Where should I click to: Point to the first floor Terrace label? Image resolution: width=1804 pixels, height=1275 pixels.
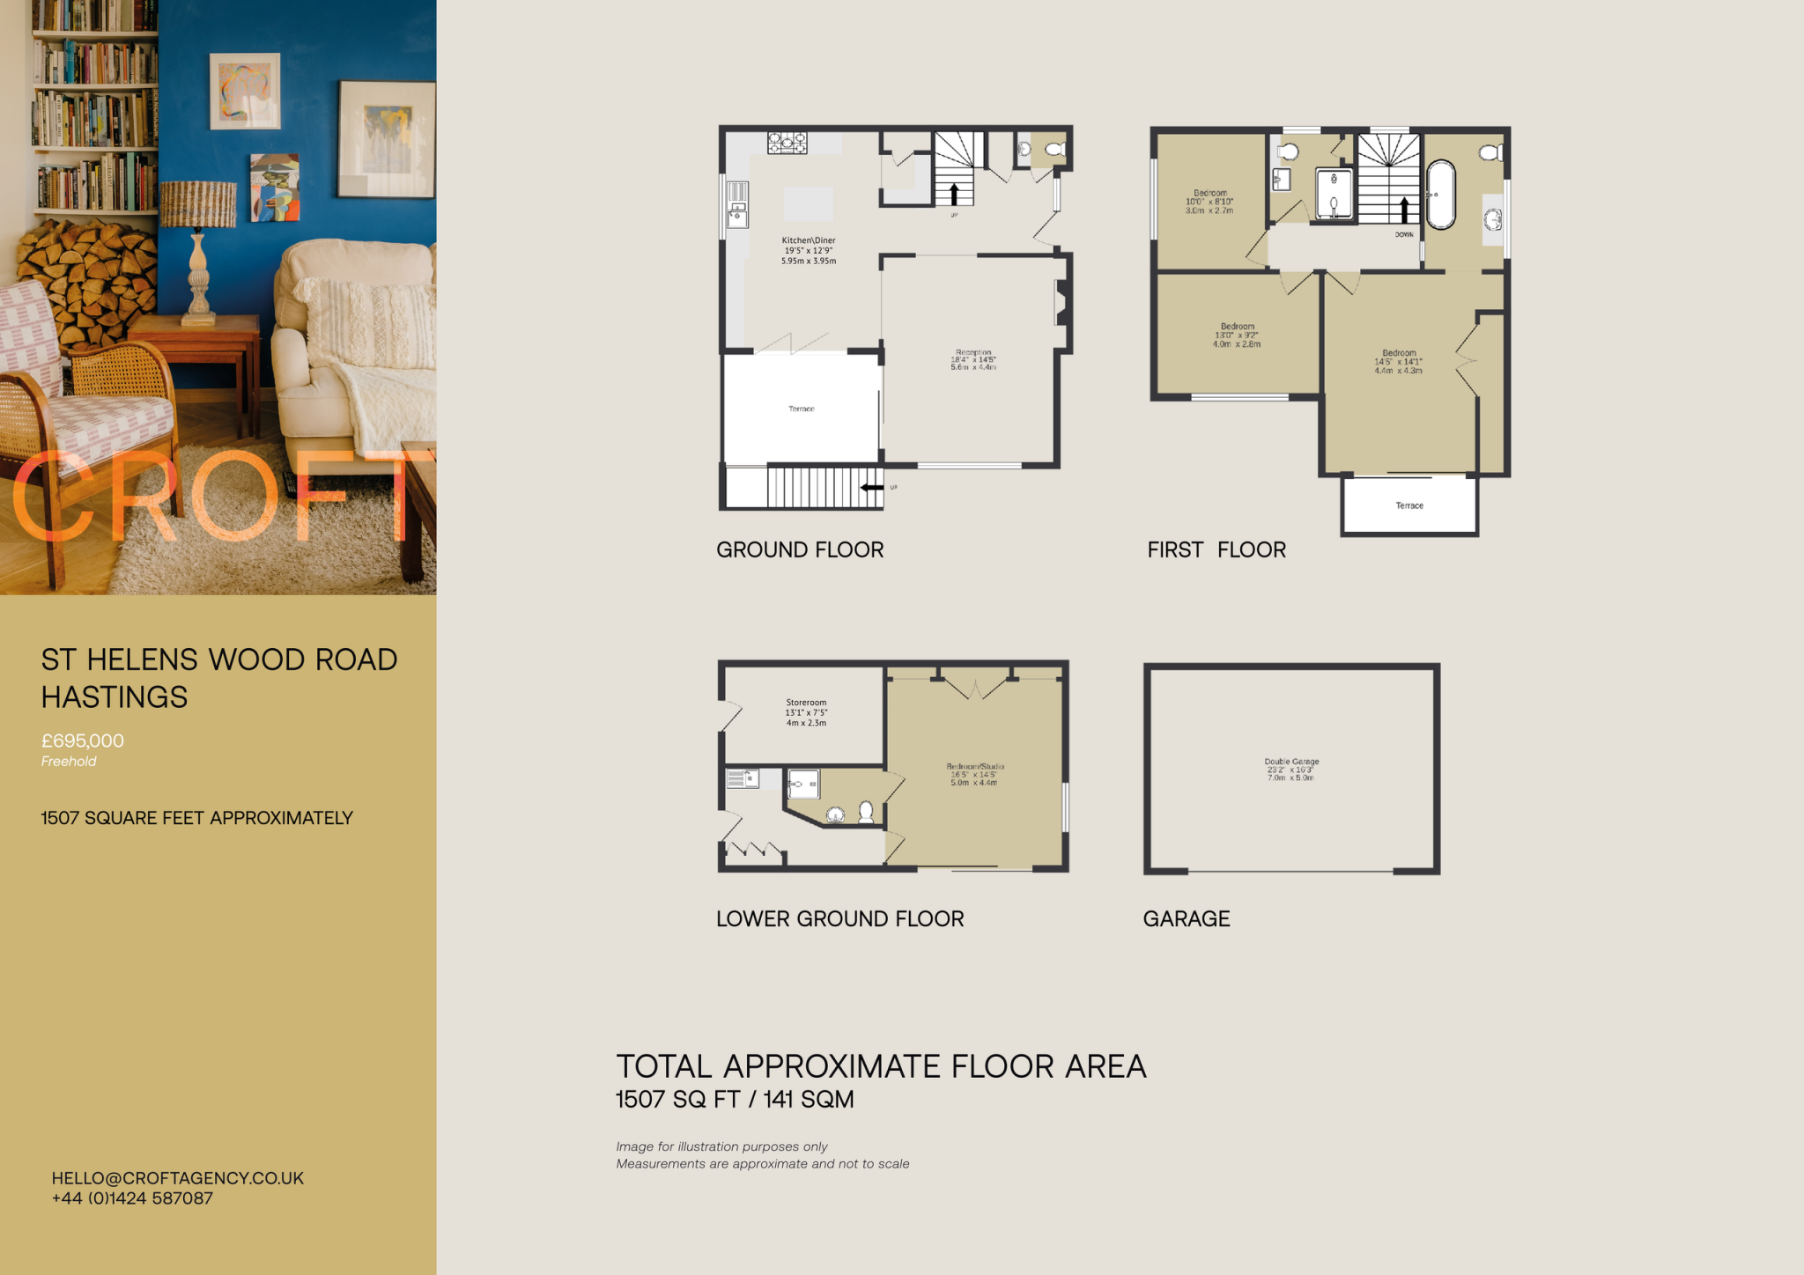(x=1408, y=505)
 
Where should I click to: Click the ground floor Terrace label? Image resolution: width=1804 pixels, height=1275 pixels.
(x=801, y=409)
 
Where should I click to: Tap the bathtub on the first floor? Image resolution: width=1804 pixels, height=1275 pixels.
(x=1440, y=195)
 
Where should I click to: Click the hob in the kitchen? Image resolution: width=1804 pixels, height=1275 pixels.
(x=787, y=143)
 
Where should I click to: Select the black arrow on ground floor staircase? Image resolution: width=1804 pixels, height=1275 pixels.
(x=953, y=193)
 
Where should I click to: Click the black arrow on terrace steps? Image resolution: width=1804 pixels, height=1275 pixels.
(x=871, y=487)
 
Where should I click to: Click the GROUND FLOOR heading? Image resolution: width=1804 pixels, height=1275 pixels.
(x=799, y=549)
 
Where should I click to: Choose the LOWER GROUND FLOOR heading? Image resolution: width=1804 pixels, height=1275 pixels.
(x=839, y=918)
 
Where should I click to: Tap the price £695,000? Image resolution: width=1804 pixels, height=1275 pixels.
(x=83, y=741)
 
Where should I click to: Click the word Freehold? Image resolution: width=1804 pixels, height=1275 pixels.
(x=69, y=762)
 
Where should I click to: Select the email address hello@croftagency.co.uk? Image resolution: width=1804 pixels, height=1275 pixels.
(x=177, y=1178)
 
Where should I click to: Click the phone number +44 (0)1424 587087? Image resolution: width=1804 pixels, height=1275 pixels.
(x=132, y=1198)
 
